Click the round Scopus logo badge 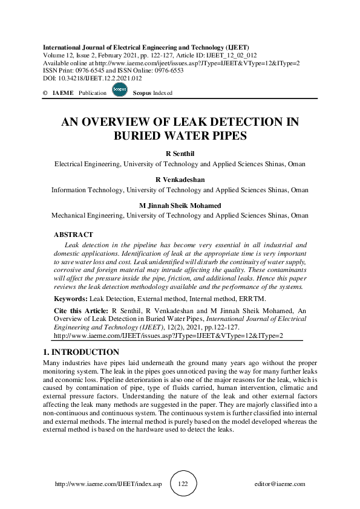[x=120, y=92]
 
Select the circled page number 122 [x=184, y=484]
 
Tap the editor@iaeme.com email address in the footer [x=281, y=484]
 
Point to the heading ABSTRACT [x=73, y=234]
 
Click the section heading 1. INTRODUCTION [x=81, y=352]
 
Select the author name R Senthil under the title [x=180, y=155]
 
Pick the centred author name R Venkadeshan [x=180, y=180]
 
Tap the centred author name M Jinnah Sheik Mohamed [x=180, y=206]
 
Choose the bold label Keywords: [x=71, y=299]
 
